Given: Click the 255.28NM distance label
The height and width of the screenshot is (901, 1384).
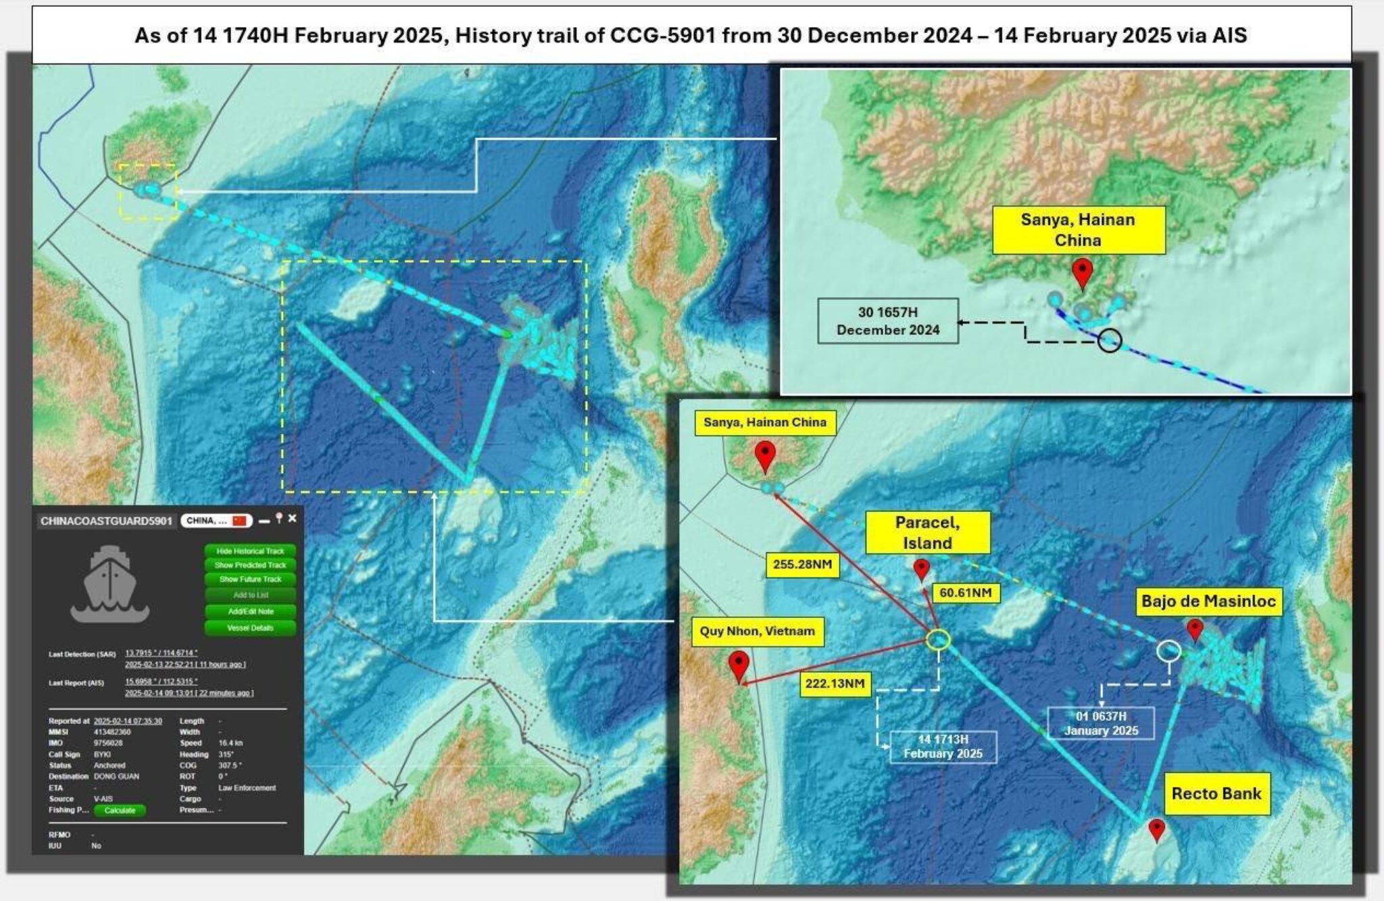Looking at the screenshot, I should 802,564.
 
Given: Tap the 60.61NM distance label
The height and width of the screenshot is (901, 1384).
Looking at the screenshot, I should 966,593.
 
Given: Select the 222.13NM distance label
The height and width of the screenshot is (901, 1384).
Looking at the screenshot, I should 835,684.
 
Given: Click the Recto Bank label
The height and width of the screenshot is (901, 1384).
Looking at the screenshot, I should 1216,794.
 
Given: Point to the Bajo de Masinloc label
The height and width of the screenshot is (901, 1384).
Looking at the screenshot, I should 1208,601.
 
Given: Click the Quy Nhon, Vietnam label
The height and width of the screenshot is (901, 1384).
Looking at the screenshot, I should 757,631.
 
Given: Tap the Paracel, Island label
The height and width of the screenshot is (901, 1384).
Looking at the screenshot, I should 927,533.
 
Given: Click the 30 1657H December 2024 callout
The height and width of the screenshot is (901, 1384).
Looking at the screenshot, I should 887,321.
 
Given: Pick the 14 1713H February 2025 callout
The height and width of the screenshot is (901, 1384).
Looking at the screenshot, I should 943,746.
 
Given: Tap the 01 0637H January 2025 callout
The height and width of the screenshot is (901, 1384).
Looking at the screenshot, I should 1101,723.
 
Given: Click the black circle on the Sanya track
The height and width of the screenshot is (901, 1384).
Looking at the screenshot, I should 1109,341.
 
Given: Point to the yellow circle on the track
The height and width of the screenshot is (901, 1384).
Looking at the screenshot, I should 938,640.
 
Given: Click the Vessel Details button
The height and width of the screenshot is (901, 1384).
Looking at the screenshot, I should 250,628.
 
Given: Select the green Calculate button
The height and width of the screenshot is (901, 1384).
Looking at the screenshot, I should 120,810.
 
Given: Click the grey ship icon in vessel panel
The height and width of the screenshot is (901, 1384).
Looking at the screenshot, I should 109,584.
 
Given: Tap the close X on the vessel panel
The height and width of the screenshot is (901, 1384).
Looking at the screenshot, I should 292,519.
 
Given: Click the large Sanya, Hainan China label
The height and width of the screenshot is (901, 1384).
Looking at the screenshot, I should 1078,230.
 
